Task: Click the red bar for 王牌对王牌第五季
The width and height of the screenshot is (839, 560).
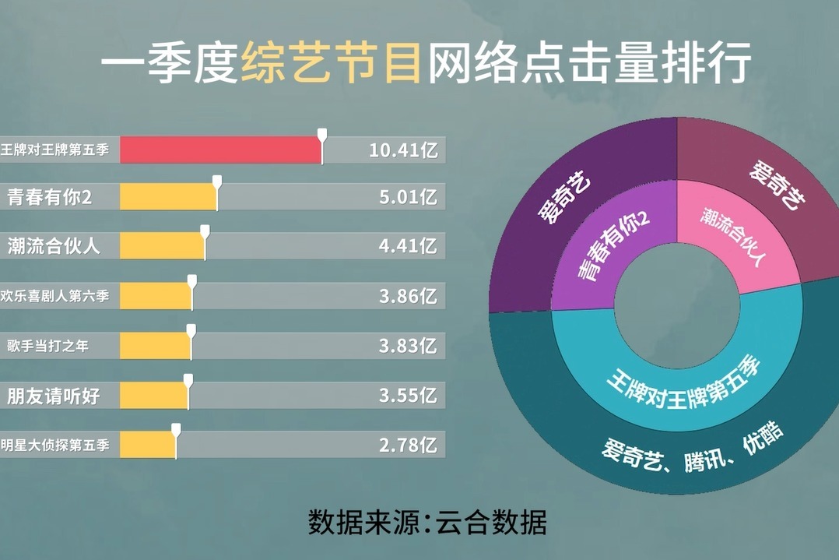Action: pos(220,150)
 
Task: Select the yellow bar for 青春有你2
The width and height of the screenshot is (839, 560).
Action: pos(168,196)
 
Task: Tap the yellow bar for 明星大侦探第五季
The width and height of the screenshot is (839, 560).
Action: pos(148,445)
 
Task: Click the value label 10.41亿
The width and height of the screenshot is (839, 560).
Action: pos(403,150)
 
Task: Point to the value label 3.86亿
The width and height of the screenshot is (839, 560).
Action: pos(409,296)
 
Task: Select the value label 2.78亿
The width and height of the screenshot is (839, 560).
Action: pos(409,445)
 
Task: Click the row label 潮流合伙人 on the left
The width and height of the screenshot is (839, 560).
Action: pos(54,246)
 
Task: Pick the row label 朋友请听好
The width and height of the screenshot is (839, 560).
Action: pos(54,396)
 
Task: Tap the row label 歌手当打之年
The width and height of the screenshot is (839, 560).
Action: pos(47,346)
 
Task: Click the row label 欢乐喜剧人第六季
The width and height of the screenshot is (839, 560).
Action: pos(54,295)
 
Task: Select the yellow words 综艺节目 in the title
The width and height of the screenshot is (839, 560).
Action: pos(331,63)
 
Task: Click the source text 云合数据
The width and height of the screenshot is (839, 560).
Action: pos(491,522)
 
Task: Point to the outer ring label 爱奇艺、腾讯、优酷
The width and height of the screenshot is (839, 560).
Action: pos(693,448)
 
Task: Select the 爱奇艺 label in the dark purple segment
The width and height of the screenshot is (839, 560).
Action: pos(563,196)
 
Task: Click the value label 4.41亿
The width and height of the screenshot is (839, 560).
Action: pos(409,246)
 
